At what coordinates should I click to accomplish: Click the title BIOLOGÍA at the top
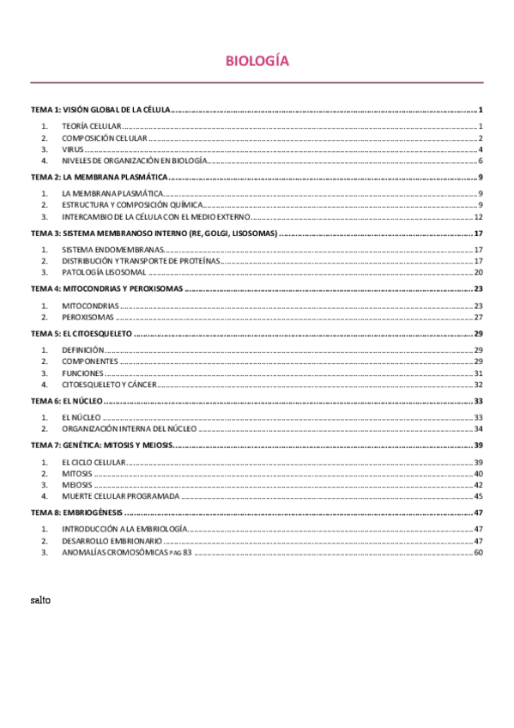click(257, 61)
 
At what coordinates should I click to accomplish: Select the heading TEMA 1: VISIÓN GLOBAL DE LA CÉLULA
click(101, 111)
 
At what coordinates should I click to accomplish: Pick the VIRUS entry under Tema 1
click(73, 149)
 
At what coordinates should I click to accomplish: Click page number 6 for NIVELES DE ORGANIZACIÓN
click(481, 161)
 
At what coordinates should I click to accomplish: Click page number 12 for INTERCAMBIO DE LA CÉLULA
click(479, 216)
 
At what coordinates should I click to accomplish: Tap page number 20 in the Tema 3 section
click(479, 271)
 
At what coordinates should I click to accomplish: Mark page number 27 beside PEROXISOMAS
click(479, 316)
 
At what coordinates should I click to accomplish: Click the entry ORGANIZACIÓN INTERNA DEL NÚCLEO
click(129, 428)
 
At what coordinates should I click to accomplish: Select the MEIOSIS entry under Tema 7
click(77, 484)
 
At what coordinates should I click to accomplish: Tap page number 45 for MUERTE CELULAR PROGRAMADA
click(479, 495)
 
